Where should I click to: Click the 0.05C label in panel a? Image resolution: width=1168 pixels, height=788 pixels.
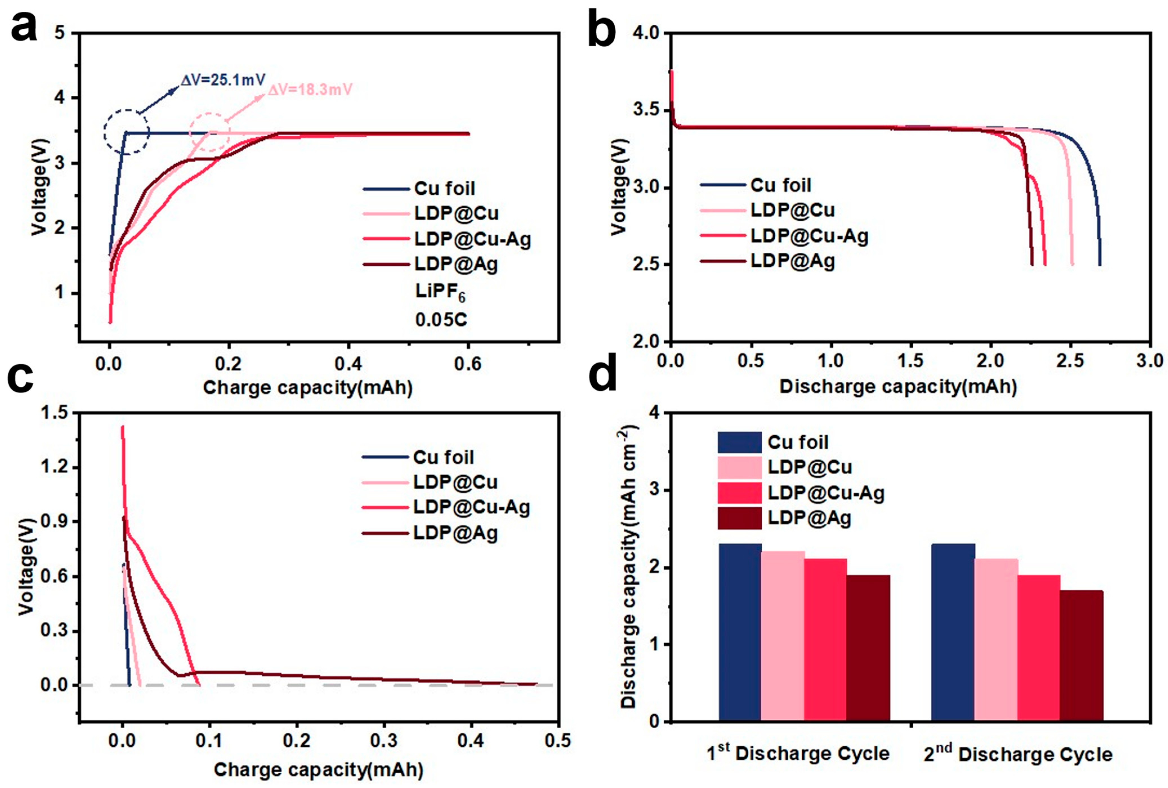(x=441, y=320)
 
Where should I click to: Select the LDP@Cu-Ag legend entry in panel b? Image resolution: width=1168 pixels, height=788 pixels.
(x=809, y=236)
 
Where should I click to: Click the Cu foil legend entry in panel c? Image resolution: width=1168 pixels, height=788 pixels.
(x=443, y=457)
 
